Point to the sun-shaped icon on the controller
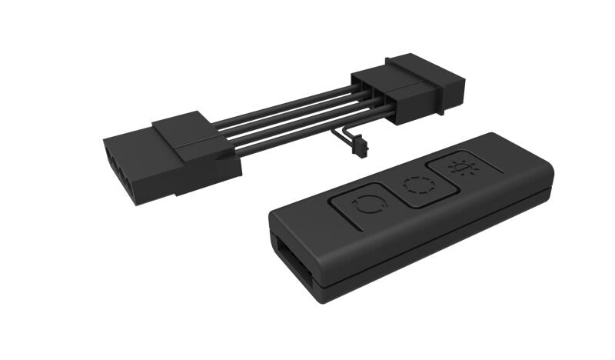(463, 166)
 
